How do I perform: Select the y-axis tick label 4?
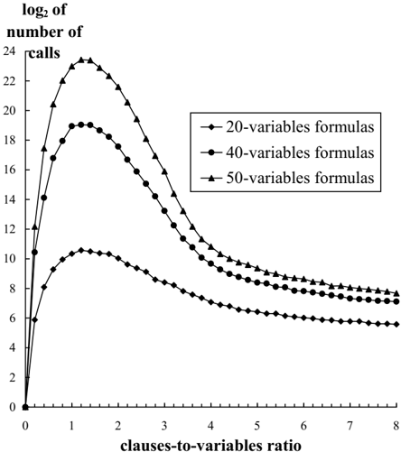point(12,347)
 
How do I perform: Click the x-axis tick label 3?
point(164,426)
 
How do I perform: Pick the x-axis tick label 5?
point(257,426)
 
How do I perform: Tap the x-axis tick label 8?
point(396,426)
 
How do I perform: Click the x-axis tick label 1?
point(72,426)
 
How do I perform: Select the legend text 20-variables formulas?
point(300,127)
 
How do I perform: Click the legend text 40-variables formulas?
point(300,152)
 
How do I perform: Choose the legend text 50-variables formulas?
point(300,178)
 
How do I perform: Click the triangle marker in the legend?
point(211,178)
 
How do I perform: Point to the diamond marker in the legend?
point(211,127)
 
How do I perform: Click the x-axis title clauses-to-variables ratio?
point(210,445)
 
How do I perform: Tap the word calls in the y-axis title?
point(44,53)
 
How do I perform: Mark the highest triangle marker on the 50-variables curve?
point(81,60)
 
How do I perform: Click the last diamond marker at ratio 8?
point(396,324)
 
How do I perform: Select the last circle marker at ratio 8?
point(396,301)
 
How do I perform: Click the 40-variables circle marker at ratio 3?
point(164,211)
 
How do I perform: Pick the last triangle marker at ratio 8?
point(396,293)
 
